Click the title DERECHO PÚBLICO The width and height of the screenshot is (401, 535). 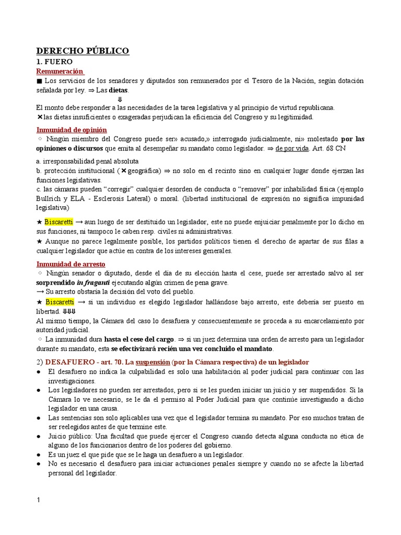tap(82, 51)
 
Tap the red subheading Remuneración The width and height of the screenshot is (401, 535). tap(60, 71)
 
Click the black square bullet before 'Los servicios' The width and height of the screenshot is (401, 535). tap(39, 81)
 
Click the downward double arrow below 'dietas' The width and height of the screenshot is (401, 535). tap(120, 99)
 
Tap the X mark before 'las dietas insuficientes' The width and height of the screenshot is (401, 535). tap(39, 117)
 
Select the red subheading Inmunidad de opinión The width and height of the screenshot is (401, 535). tap(71, 130)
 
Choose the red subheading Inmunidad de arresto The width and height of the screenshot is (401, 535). tap(70, 264)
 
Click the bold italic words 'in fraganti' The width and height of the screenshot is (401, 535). tap(93, 283)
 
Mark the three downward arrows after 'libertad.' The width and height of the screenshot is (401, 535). tap(69, 311)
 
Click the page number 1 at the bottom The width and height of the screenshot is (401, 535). tap(38, 501)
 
